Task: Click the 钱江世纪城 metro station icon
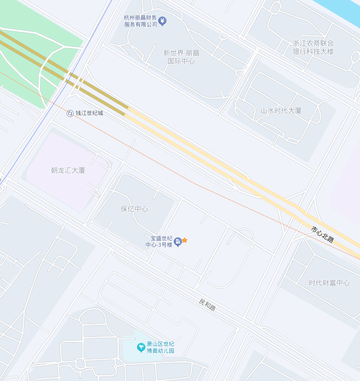pos(70,113)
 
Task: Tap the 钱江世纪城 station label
pos(89,113)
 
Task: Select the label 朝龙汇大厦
pos(68,170)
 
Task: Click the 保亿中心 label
pos(134,209)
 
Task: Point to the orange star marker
pos(185,240)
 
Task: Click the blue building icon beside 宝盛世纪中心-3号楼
pos(178,241)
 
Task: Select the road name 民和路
pos(207,305)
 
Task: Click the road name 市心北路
pos(322,234)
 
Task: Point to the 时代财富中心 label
pos(329,283)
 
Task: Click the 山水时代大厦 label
pos(281,111)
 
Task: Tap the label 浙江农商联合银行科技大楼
pos(313,47)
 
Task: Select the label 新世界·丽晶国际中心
pos(181,56)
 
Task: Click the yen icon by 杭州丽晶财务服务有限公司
pos(162,21)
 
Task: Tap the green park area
pos(28,69)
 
